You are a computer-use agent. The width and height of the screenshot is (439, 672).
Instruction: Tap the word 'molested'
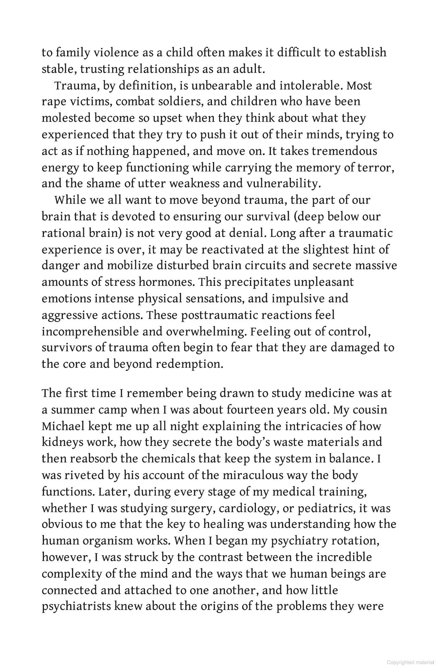[x=66, y=118]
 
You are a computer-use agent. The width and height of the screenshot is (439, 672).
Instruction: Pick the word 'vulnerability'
[x=283, y=184]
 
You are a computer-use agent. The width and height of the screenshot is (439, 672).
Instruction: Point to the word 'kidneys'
[x=62, y=442]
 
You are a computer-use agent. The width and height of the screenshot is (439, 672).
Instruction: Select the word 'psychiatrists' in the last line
[x=76, y=606]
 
